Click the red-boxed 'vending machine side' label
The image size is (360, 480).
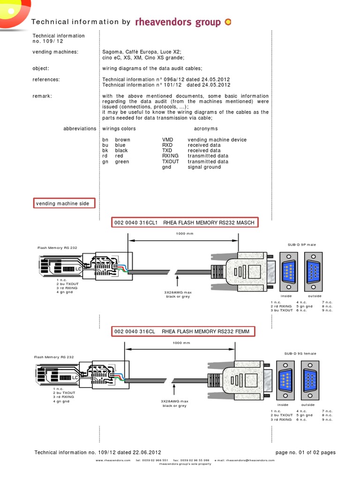64,203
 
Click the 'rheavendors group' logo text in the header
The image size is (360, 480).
178,22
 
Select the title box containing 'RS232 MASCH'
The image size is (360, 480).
185,223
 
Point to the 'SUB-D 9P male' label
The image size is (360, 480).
302,245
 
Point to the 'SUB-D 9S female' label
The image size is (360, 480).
300,353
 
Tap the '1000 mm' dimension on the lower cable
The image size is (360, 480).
181,343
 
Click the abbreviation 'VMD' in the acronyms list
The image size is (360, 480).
167,140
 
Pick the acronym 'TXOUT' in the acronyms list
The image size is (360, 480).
171,161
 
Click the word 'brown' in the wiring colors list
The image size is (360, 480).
123,140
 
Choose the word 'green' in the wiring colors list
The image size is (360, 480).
122,161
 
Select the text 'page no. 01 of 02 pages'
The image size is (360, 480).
306,452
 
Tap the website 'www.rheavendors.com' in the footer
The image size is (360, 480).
113,460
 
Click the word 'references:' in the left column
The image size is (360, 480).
46,80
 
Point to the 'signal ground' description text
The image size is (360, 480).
204,167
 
